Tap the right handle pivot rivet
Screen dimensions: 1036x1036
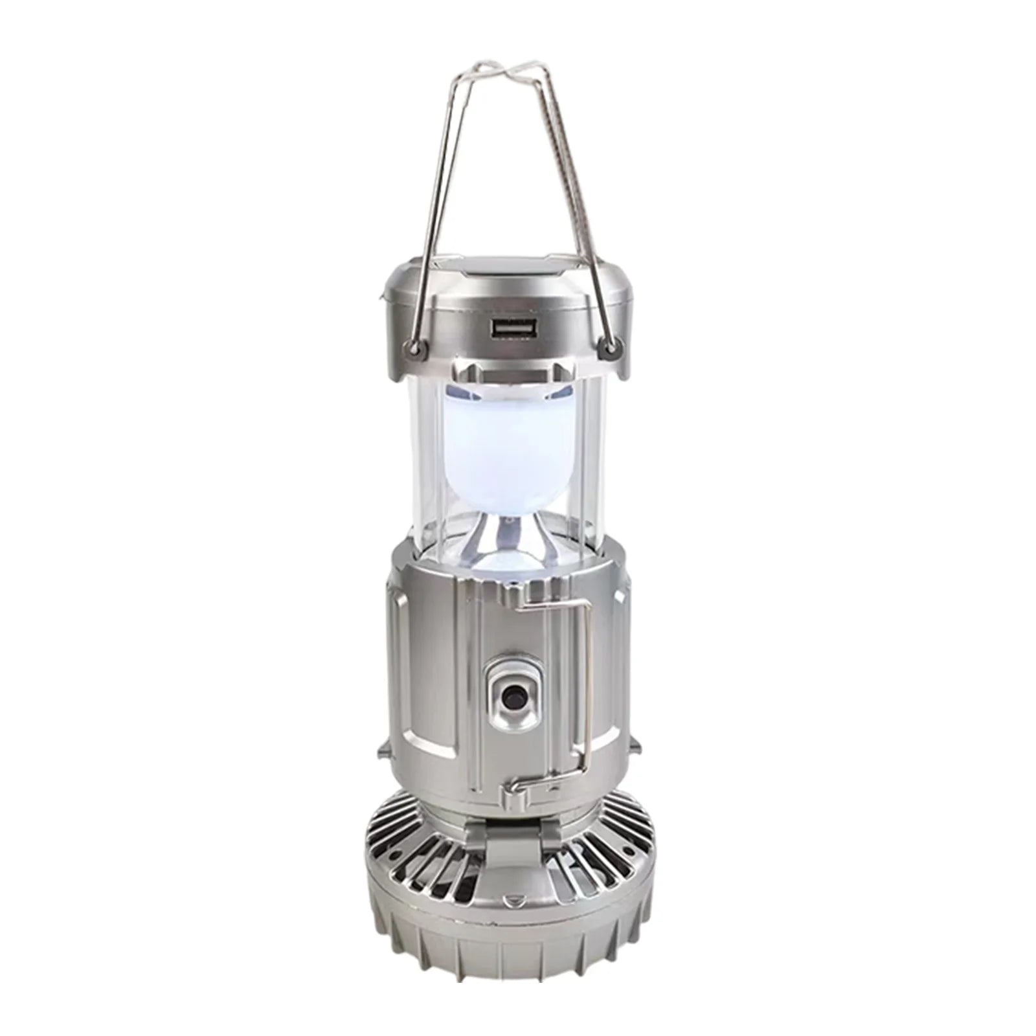tap(609, 350)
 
